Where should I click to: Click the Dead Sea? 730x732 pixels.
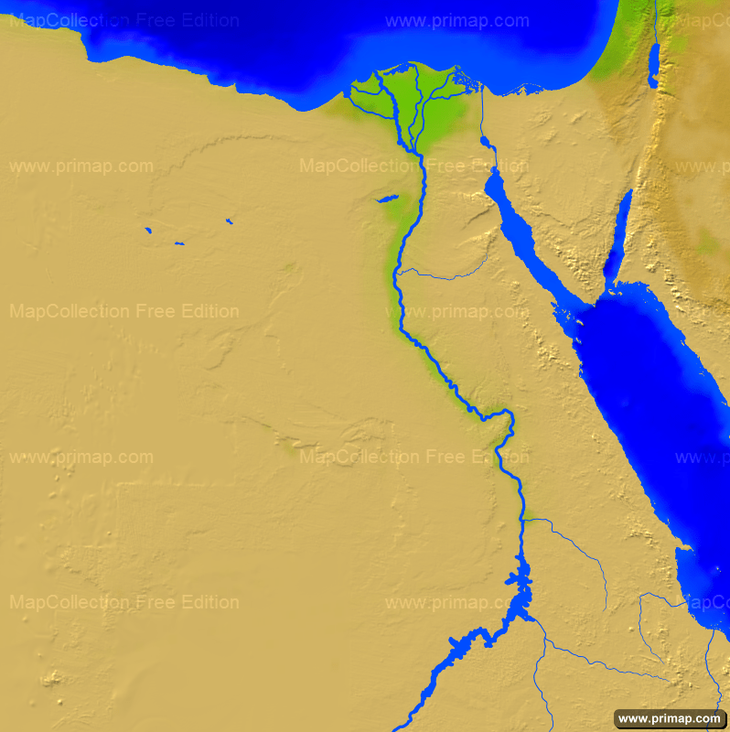[653, 67]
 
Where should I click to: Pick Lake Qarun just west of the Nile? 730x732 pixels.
[387, 198]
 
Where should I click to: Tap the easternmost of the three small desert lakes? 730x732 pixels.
[228, 221]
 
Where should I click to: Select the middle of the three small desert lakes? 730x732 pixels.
[178, 243]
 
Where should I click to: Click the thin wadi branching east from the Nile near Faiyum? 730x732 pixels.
[439, 274]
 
